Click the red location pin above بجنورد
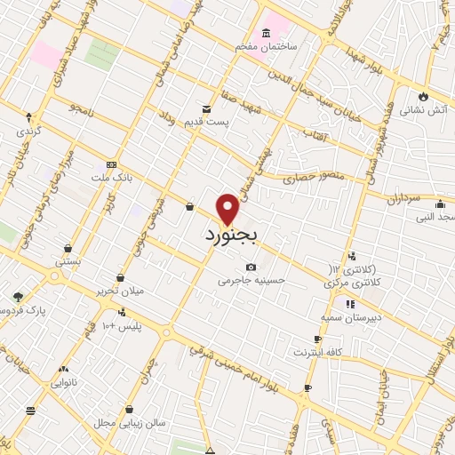228,208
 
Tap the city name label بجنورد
230,236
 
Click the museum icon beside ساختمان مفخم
267,33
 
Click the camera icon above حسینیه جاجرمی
251,267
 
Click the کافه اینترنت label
318,352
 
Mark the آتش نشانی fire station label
420,111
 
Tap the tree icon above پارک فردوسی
18,297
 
